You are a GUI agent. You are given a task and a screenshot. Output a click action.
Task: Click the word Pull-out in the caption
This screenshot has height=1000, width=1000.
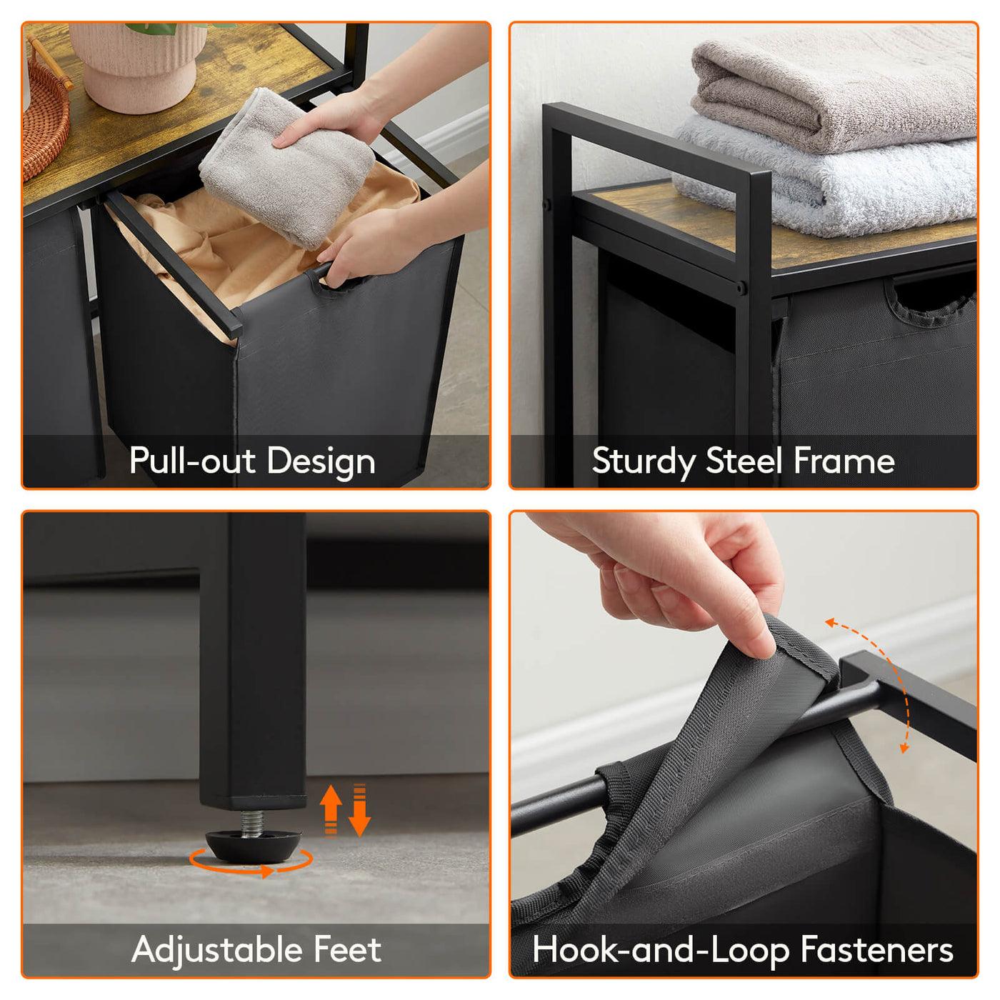(x=193, y=460)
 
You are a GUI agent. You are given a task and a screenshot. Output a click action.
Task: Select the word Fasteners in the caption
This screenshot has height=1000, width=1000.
(x=876, y=949)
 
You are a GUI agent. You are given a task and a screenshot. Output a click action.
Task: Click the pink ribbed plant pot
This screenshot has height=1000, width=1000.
(x=138, y=66)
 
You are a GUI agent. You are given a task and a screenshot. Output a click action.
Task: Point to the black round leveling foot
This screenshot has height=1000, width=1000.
(x=254, y=845)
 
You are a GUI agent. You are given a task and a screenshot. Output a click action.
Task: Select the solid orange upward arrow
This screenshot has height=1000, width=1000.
(x=331, y=809)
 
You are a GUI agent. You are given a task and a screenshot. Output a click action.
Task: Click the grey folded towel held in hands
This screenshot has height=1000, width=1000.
(x=287, y=168)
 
